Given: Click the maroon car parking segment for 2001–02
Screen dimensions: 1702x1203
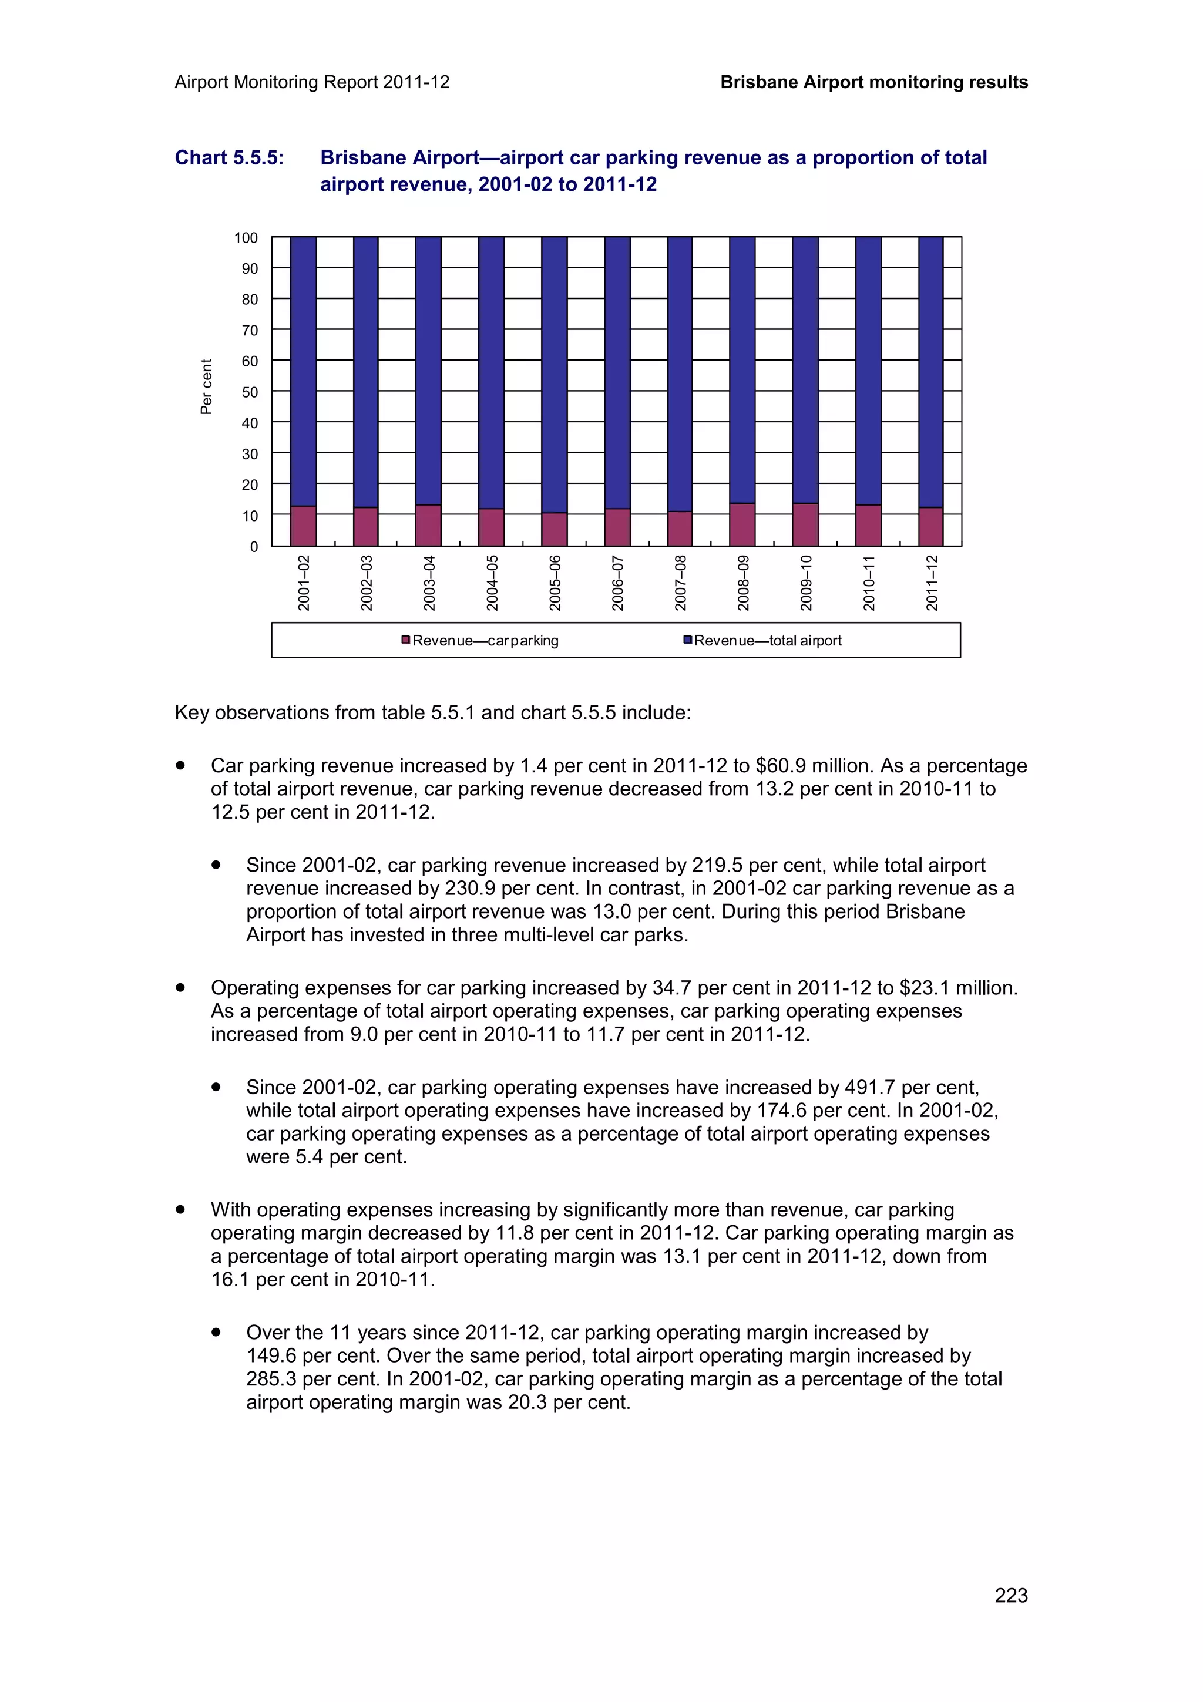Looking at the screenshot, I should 303,526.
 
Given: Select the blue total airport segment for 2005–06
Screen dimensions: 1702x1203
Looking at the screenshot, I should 554,374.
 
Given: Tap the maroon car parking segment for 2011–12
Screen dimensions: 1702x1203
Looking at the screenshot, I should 930,527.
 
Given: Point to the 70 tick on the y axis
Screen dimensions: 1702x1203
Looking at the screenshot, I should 250,331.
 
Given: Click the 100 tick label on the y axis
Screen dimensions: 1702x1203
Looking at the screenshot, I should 246,238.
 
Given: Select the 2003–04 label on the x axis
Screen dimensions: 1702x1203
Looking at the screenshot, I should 429,583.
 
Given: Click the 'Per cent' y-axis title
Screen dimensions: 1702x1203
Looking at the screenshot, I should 206,387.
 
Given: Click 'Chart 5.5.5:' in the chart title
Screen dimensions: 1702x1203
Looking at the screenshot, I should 229,158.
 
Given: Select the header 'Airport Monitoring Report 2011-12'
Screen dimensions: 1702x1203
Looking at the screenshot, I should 312,82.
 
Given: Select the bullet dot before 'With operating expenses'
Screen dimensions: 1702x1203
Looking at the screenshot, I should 180,1209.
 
